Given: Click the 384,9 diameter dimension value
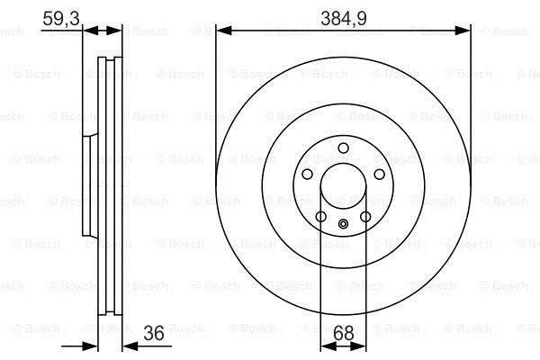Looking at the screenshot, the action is pyautogui.click(x=344, y=18).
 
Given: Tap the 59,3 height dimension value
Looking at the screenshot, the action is pyautogui.click(x=61, y=18).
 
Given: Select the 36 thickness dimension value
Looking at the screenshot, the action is pyautogui.click(x=154, y=333).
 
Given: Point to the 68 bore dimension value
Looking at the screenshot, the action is pyautogui.click(x=344, y=333).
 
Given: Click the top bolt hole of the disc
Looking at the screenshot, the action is pyautogui.click(x=344, y=148).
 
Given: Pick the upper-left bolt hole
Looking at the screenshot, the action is pyautogui.click(x=307, y=174).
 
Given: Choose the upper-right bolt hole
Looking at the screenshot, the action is pyautogui.click(x=380, y=174).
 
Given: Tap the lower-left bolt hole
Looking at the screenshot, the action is pyautogui.click(x=321, y=217).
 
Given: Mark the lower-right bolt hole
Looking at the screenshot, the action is pyautogui.click(x=365, y=217).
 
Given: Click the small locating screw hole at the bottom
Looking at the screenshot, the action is pyautogui.click(x=344, y=224).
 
